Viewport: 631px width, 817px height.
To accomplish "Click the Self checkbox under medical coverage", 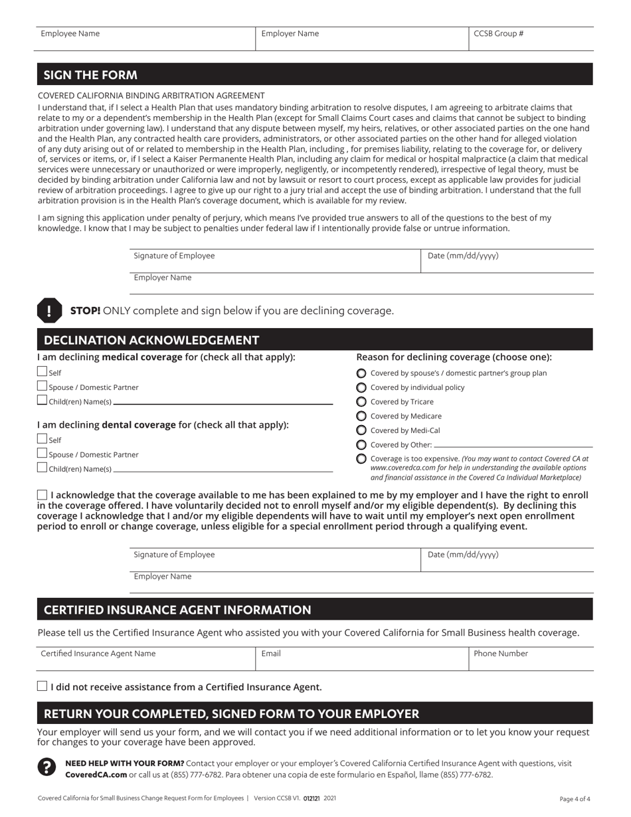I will [x=43, y=372].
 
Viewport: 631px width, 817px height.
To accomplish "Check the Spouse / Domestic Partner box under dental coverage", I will [x=43, y=454].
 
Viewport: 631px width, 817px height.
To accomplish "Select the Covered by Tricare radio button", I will [x=361, y=402].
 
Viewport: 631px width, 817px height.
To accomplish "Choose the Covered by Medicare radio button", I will [x=361, y=416].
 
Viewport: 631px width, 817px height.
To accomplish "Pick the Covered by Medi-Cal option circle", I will [x=361, y=430].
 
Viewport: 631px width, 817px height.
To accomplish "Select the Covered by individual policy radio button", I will [x=361, y=387].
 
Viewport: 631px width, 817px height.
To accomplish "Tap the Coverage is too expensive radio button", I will [x=361, y=459].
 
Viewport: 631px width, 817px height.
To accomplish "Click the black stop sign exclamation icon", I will [x=49, y=310].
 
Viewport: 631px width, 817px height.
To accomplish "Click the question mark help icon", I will [x=46, y=768].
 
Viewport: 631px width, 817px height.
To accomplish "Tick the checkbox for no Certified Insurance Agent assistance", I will [x=43, y=686].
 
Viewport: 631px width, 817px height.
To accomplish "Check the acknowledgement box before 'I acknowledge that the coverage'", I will [x=43, y=495].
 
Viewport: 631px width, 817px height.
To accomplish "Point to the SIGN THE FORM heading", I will [x=90, y=75].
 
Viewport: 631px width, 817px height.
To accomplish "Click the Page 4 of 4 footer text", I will [x=575, y=799].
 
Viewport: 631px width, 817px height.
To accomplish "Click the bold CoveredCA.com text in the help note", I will [x=96, y=774].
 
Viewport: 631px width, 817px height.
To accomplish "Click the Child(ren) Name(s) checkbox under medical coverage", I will [x=43, y=400].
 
